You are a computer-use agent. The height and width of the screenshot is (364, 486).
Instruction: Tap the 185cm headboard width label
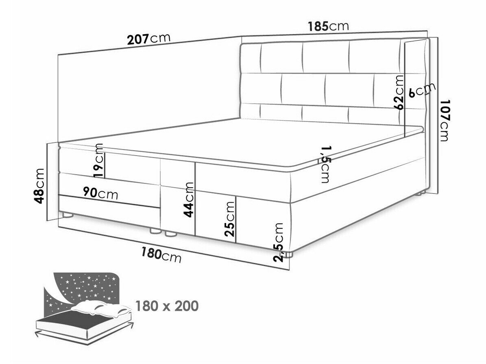(x=328, y=26)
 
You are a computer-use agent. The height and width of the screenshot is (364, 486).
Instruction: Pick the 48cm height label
(x=40, y=186)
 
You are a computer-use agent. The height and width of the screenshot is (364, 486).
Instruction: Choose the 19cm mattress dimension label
(x=98, y=160)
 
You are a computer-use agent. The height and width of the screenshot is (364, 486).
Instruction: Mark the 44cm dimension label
(x=188, y=199)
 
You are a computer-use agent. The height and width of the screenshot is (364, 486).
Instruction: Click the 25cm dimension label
(x=230, y=219)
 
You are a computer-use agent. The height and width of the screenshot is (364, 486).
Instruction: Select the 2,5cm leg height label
(x=278, y=243)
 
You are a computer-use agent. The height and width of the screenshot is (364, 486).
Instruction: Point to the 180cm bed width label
(x=161, y=254)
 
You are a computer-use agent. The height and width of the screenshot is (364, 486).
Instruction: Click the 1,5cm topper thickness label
(x=325, y=164)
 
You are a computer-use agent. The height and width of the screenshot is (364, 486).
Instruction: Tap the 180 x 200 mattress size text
(x=167, y=306)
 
